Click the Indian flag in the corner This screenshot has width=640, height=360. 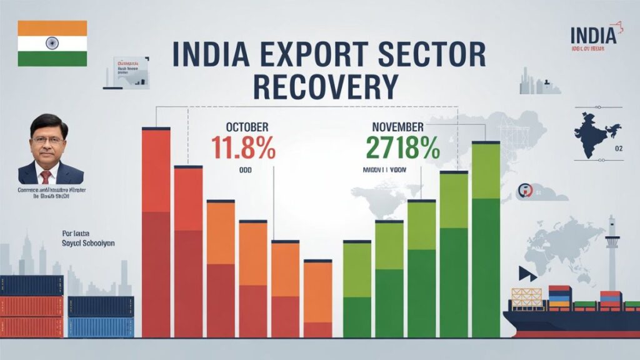pos(52,43)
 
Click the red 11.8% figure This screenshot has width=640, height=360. pos(242,147)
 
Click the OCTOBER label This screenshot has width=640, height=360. pos(241,127)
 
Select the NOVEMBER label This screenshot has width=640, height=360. pos(397,127)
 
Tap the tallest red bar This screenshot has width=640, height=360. pos(156,231)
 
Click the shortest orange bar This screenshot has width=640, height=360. pos(317,299)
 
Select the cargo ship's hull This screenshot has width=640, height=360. pos(562,322)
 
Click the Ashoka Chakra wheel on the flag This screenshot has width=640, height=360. pos(52,43)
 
